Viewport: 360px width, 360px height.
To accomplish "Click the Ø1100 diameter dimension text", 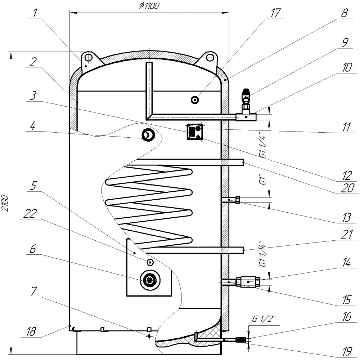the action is click(x=149, y=5).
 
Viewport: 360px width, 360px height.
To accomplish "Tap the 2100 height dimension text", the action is click(x=5, y=203).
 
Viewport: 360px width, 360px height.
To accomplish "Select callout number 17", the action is click(x=275, y=13).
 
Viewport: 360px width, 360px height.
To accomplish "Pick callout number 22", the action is click(x=30, y=214).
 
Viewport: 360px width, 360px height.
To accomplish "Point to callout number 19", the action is click(x=347, y=351).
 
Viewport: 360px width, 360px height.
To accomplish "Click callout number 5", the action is click(x=33, y=185).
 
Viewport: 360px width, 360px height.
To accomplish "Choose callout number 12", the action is click(x=347, y=175).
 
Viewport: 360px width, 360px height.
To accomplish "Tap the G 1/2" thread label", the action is click(x=264, y=319).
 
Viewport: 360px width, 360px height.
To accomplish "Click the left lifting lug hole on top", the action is click(x=87, y=57).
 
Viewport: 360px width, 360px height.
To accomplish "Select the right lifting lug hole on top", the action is click(x=210, y=57).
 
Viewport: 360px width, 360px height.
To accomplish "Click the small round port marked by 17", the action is click(x=195, y=100).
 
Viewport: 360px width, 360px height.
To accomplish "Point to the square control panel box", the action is click(x=195, y=132).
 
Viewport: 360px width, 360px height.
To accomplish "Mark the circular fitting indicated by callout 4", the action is click(x=148, y=135).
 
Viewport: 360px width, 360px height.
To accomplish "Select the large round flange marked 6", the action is click(x=150, y=280).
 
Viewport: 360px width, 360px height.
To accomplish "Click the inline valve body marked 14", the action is click(x=248, y=281).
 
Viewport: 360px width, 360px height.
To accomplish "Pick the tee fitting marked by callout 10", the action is click(x=246, y=117).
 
